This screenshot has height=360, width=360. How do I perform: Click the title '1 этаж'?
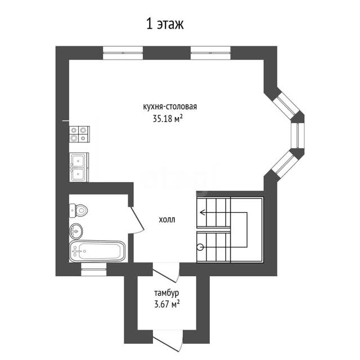coord(165,24)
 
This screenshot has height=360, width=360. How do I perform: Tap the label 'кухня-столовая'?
coord(170,107)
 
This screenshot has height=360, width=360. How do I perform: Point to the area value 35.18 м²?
coord(168,119)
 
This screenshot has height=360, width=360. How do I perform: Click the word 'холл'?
coord(167,220)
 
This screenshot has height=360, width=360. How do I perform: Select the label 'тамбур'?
coord(166,293)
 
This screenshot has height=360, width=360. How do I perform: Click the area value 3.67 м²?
coord(167,304)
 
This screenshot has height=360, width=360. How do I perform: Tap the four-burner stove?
coord(79,134)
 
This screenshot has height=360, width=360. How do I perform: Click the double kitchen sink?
coord(79,167)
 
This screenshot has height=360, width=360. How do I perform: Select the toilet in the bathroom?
coord(78,210)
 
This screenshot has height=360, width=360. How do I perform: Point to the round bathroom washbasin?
coord(75,231)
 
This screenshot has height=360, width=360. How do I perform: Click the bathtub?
coord(97,251)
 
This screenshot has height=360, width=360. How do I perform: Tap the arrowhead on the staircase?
coord(202,213)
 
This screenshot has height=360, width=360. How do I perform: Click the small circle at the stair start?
coord(200,247)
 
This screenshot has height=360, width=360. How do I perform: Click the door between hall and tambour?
coord(165,276)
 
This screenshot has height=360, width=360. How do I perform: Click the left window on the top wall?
coord(123,53)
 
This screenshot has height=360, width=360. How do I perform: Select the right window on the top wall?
coord(210,53)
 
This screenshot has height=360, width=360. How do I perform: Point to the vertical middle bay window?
coord(298,136)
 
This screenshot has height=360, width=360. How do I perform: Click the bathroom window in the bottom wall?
coord(94,269)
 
